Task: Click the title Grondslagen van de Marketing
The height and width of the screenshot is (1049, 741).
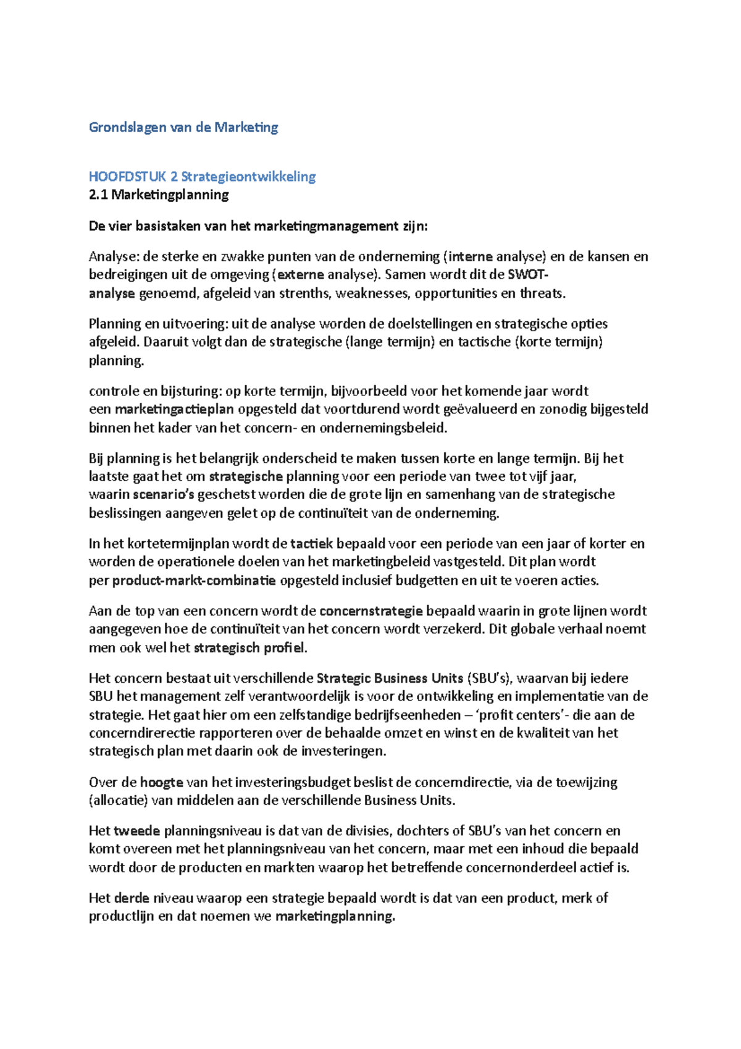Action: [x=183, y=127]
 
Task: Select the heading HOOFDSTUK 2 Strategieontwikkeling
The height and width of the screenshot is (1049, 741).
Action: [x=202, y=177]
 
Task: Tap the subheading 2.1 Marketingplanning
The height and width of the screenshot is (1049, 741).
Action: [x=159, y=195]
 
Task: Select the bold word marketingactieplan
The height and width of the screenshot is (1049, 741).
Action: [x=174, y=409]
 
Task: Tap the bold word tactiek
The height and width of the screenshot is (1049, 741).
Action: [x=311, y=544]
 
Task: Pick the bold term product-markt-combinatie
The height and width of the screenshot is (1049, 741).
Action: [x=194, y=581]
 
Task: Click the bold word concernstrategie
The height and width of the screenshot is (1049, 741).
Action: [x=371, y=611]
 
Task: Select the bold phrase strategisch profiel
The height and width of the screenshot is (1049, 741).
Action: [x=249, y=648]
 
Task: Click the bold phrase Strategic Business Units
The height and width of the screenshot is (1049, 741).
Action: [x=390, y=678]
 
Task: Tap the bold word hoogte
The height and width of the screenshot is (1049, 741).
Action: [x=161, y=782]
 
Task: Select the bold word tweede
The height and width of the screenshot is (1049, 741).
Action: [x=136, y=831]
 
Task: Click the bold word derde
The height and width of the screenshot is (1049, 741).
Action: [x=132, y=898]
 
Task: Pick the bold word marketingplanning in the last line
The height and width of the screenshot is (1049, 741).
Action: [x=334, y=916]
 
